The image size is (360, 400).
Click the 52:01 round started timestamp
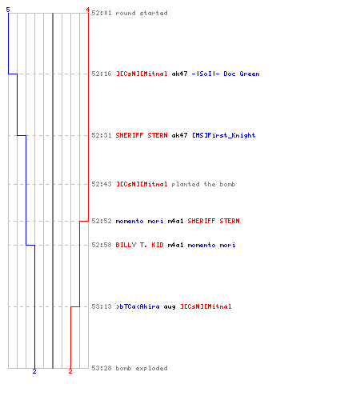102,13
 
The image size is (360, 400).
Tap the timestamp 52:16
102,74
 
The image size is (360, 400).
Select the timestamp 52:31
102,135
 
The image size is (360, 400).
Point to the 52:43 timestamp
102,184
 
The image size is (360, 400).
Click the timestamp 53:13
102,306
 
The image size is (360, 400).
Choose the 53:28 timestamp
102,368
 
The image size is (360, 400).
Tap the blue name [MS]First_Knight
224,135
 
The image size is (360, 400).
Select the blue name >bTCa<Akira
138,306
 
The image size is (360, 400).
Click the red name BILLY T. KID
139,245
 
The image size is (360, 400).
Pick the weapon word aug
170,307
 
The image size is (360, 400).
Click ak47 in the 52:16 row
179,74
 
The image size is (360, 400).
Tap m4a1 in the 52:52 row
175,221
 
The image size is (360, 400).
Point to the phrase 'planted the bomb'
203,184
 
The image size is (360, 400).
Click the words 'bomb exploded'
142,368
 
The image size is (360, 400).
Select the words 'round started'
142,13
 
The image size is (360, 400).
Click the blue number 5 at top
8,10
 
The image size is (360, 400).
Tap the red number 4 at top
88,10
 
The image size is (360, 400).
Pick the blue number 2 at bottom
34,371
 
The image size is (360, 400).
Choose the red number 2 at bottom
70,371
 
